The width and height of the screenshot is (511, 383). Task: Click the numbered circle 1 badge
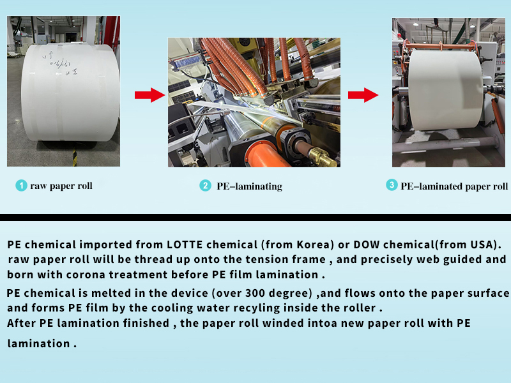pyautogui.click(x=21, y=186)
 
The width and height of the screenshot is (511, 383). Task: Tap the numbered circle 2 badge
pyautogui.click(x=205, y=186)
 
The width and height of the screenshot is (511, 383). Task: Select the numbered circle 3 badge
pyautogui.click(x=392, y=185)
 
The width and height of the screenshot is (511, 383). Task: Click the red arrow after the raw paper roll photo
pyautogui.click(x=150, y=95)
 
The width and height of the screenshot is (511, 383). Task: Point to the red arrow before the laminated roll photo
pyautogui.click(x=363, y=95)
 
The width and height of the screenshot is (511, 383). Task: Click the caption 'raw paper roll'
pyautogui.click(x=61, y=186)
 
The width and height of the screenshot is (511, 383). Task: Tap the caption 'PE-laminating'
pyautogui.click(x=249, y=186)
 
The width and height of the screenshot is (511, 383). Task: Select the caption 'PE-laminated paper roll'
pyautogui.click(x=454, y=186)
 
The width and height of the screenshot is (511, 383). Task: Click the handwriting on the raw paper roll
pyautogui.click(x=60, y=63)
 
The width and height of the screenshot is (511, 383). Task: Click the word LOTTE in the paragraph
pyautogui.click(x=185, y=244)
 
